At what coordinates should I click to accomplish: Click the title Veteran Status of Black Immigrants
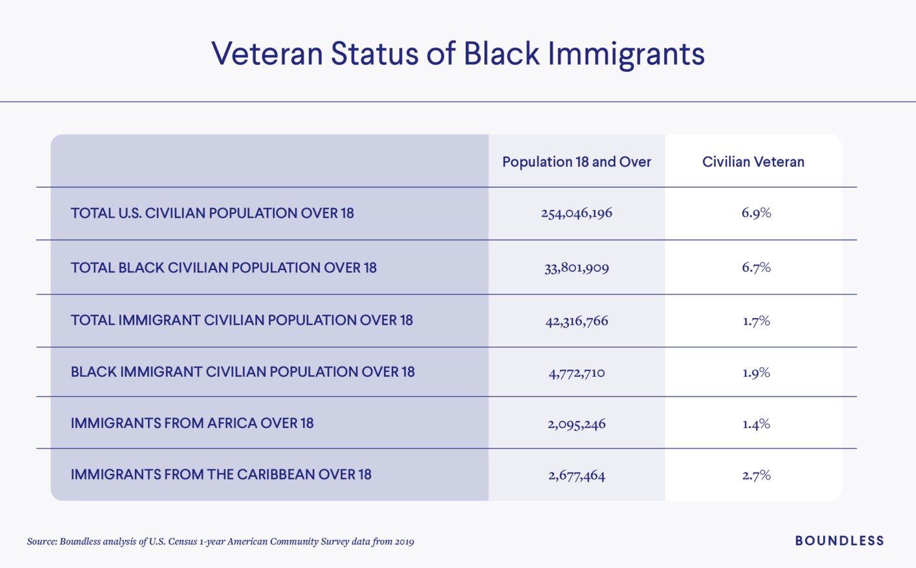pyautogui.click(x=457, y=54)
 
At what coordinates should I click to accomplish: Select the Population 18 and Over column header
pyautogui.click(x=576, y=162)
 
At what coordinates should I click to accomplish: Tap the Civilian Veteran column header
pyautogui.click(x=753, y=162)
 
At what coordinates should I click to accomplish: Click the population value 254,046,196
pyautogui.click(x=576, y=213)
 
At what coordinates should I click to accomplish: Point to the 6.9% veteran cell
pyautogui.click(x=756, y=213)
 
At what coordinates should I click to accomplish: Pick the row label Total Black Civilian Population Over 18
pyautogui.click(x=223, y=268)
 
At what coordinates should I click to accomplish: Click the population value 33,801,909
pyautogui.click(x=576, y=268)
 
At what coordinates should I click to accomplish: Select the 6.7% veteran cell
pyautogui.click(x=756, y=268)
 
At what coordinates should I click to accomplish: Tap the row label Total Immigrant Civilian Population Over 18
pyautogui.click(x=241, y=321)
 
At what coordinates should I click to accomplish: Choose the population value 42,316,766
pyautogui.click(x=576, y=321)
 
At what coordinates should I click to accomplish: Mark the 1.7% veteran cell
pyautogui.click(x=756, y=321)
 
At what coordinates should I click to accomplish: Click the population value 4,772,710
pyautogui.click(x=576, y=373)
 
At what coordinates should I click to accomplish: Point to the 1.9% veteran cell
pyautogui.click(x=756, y=373)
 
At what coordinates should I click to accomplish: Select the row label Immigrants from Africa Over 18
pyautogui.click(x=192, y=423)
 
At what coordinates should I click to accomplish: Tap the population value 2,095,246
pyautogui.click(x=576, y=423)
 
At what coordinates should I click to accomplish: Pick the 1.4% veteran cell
pyautogui.click(x=756, y=423)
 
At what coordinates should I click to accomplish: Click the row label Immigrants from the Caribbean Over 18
pyautogui.click(x=220, y=474)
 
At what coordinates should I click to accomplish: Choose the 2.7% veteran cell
pyautogui.click(x=756, y=474)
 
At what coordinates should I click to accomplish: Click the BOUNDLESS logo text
pyautogui.click(x=839, y=541)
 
